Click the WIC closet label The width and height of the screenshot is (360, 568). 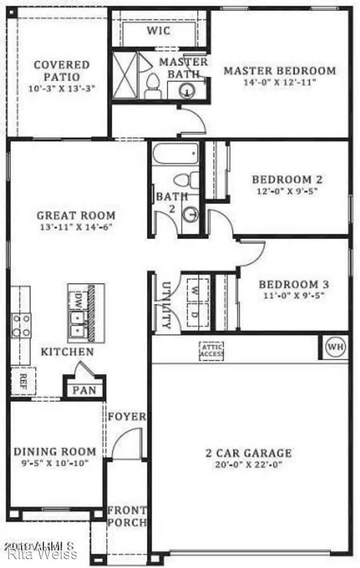tap(158, 31)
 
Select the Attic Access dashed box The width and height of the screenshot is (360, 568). tap(212, 351)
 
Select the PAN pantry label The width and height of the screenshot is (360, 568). tap(84, 391)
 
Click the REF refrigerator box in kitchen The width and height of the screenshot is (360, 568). tap(23, 380)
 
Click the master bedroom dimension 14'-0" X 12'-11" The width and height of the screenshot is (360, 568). tap(279, 83)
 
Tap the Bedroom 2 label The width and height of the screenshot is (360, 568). tap(287, 179)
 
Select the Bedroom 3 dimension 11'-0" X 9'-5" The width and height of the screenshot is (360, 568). tap(294, 296)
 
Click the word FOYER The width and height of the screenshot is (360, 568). tap(126, 417)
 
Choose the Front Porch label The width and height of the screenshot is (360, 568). tap(126, 516)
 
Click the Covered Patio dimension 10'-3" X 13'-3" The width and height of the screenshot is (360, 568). tap(62, 88)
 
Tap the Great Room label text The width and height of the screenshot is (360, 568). tap(76, 215)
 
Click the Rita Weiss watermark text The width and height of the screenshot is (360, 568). tap(42, 554)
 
